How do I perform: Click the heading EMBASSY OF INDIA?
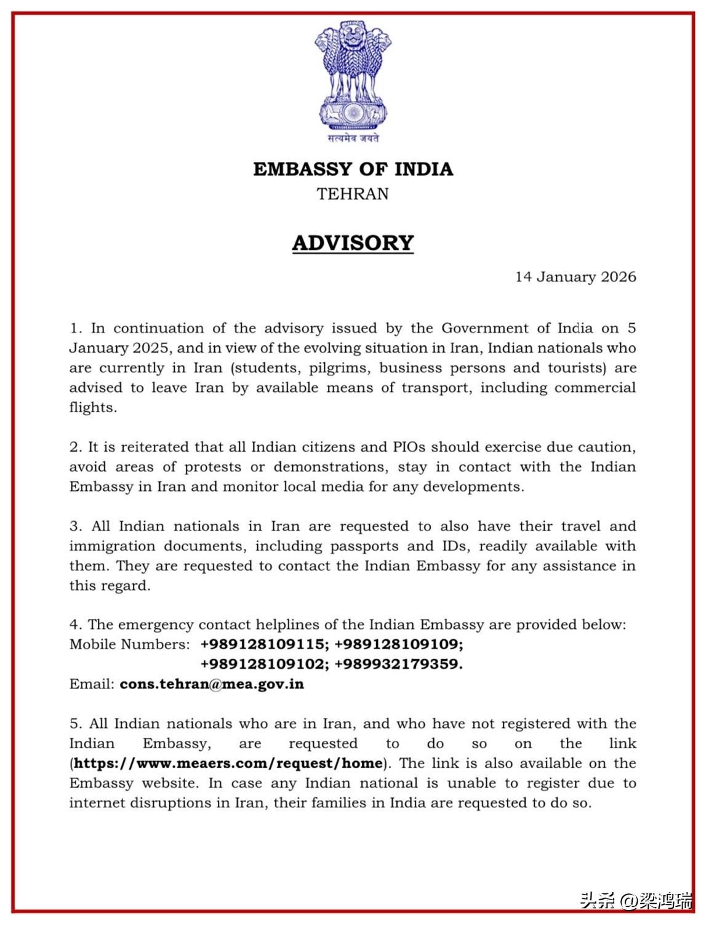click(353, 169)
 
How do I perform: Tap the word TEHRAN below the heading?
click(353, 194)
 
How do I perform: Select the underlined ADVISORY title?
click(353, 242)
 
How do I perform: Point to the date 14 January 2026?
click(575, 277)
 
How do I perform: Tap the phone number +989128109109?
click(399, 644)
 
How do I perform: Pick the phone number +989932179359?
click(399, 664)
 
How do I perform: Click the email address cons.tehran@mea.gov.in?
click(212, 684)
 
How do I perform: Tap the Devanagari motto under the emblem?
click(353, 138)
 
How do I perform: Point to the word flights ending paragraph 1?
click(92, 407)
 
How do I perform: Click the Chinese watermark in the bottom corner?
click(635, 901)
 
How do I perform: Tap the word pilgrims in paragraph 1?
click(338, 368)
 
